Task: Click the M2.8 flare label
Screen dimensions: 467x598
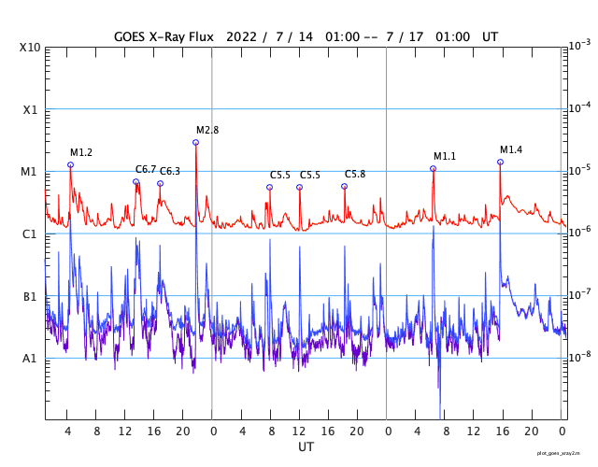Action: pos(207,130)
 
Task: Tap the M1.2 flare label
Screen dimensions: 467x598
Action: pos(81,152)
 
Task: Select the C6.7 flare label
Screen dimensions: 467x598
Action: pos(146,169)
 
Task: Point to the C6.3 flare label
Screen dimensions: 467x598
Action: pos(169,171)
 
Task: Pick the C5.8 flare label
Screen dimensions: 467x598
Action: pos(355,174)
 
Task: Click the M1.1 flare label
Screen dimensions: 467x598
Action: pos(445,156)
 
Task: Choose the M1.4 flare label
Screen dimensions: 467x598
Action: pos(511,149)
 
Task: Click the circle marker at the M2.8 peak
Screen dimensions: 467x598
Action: pos(195,142)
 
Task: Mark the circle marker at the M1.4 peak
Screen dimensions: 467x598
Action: pos(500,162)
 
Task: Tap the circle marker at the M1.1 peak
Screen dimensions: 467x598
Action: pos(433,168)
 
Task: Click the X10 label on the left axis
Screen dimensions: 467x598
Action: pos(32,48)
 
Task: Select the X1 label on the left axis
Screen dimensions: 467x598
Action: pos(32,109)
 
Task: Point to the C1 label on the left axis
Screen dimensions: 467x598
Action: pos(32,233)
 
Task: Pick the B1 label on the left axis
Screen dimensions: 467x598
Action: pos(32,296)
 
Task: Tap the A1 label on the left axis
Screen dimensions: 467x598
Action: pos(32,358)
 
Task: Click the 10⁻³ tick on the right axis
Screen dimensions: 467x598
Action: pos(579,45)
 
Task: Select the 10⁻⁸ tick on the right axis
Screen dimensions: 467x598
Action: pos(579,356)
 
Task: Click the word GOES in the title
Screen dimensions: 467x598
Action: pos(133,35)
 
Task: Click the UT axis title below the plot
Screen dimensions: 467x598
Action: pos(306,446)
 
